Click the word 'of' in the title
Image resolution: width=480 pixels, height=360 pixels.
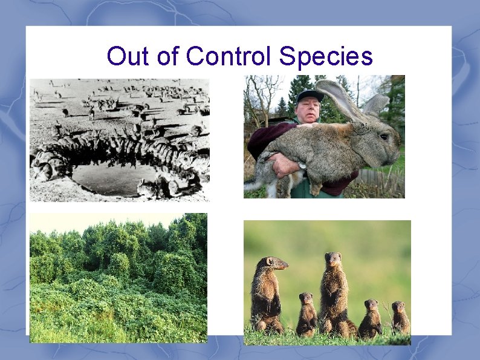click(x=166, y=56)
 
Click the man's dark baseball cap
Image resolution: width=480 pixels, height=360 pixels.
click(x=310, y=96)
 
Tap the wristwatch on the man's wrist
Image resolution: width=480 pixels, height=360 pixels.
click(x=302, y=165)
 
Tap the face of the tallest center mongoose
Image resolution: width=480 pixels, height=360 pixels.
click(x=332, y=261)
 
